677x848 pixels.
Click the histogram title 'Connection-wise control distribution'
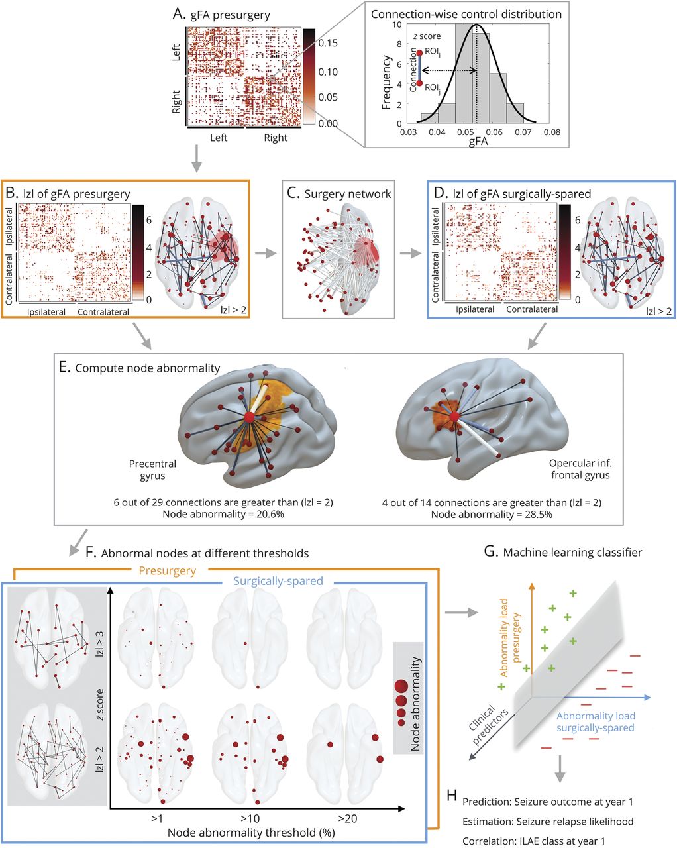pyautogui.click(x=466, y=14)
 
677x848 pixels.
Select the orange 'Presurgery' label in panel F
pyautogui.click(x=168, y=570)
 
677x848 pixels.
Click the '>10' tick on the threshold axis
pyautogui.click(x=252, y=818)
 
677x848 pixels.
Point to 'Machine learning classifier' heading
pyautogui.click(x=572, y=552)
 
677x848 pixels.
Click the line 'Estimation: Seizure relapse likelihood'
pyautogui.click(x=548, y=821)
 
